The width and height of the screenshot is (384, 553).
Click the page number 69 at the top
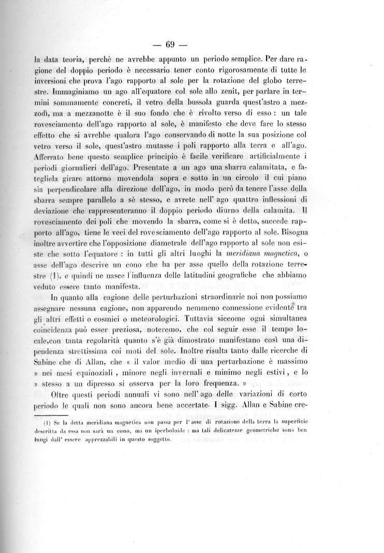pyautogui.click(x=191, y=43)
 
